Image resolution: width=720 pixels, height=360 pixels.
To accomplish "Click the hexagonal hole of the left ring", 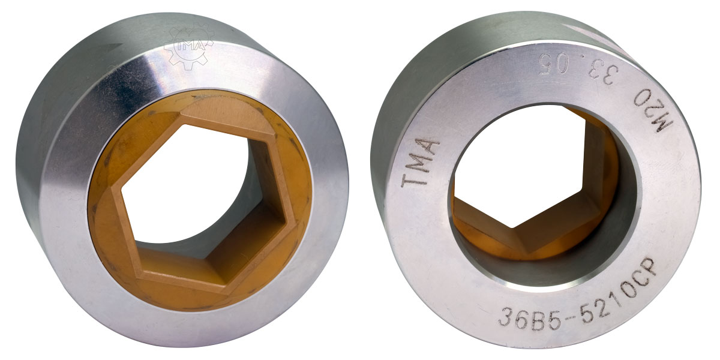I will (192, 186).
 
